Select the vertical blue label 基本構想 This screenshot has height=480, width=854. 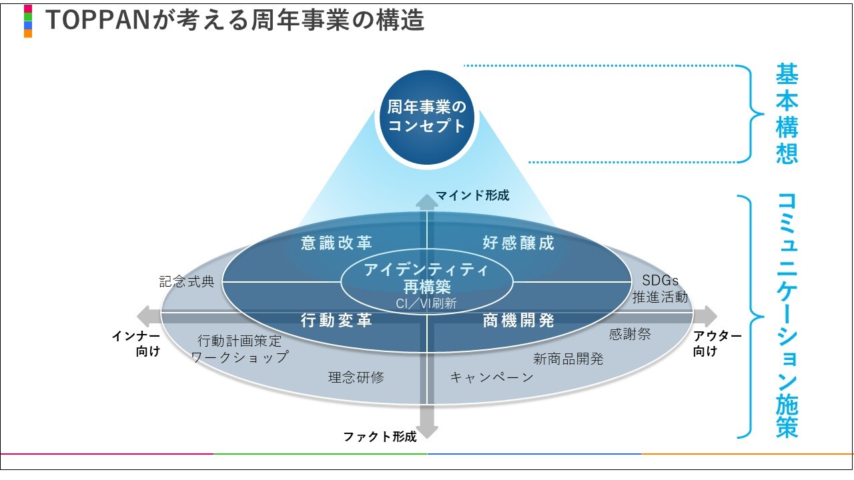point(787,113)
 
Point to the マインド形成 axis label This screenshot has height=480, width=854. point(472,195)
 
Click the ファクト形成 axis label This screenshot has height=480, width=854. point(380,437)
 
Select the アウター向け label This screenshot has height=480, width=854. point(717,343)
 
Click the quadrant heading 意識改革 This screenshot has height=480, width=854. point(336,243)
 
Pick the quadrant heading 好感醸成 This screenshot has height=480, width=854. point(518,243)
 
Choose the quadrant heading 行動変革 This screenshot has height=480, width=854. point(336,321)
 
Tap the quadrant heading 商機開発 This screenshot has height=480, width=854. point(518,321)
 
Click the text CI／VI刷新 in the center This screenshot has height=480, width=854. point(426,303)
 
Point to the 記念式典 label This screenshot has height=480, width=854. point(187,281)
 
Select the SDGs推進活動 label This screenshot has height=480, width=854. point(660,289)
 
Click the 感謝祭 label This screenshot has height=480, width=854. point(630,334)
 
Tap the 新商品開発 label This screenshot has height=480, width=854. point(568,359)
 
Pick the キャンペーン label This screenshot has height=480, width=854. point(492,377)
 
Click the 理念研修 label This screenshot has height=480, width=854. point(356,377)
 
